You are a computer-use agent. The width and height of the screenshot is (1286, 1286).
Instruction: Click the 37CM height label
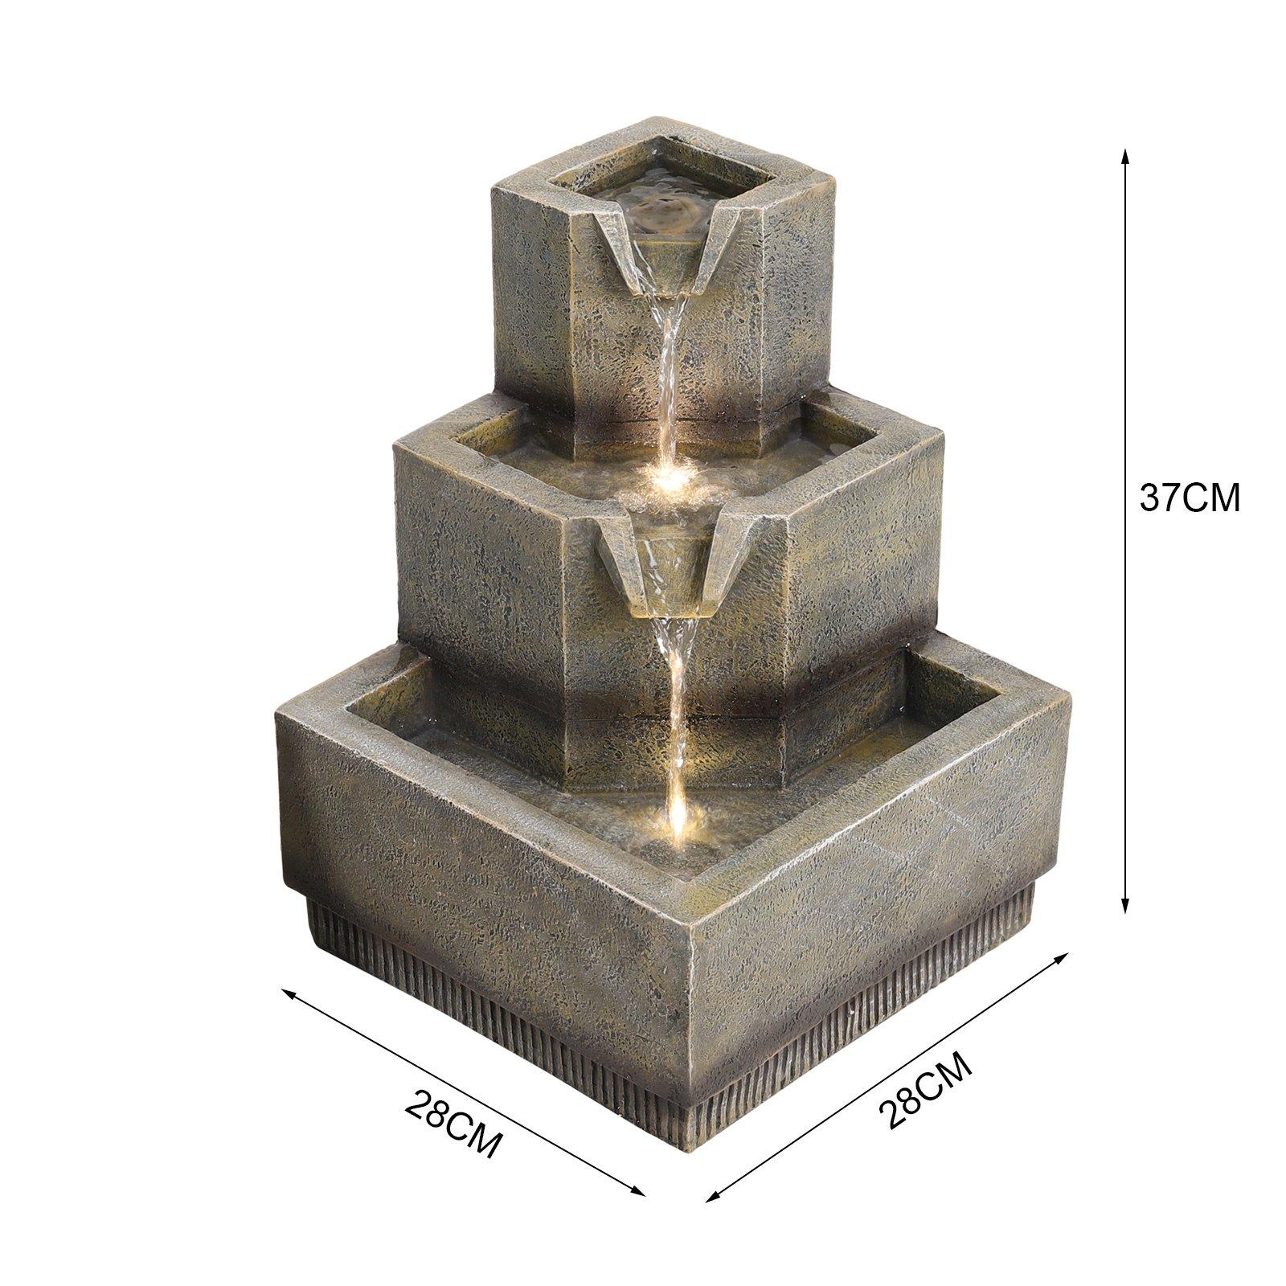(1190, 498)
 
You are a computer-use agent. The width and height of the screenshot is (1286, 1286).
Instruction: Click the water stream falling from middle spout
(675, 707)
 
